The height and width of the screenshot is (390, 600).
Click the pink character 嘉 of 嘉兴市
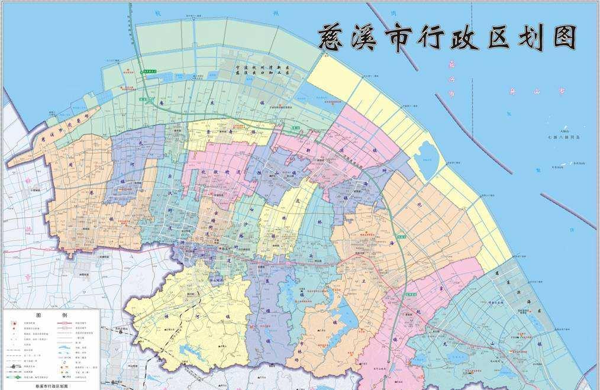coord(451,64)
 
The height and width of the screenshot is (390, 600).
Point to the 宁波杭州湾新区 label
coord(262,69)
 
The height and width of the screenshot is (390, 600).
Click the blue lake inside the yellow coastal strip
coord(428,157)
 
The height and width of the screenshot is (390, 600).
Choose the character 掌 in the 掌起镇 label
coord(440,288)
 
